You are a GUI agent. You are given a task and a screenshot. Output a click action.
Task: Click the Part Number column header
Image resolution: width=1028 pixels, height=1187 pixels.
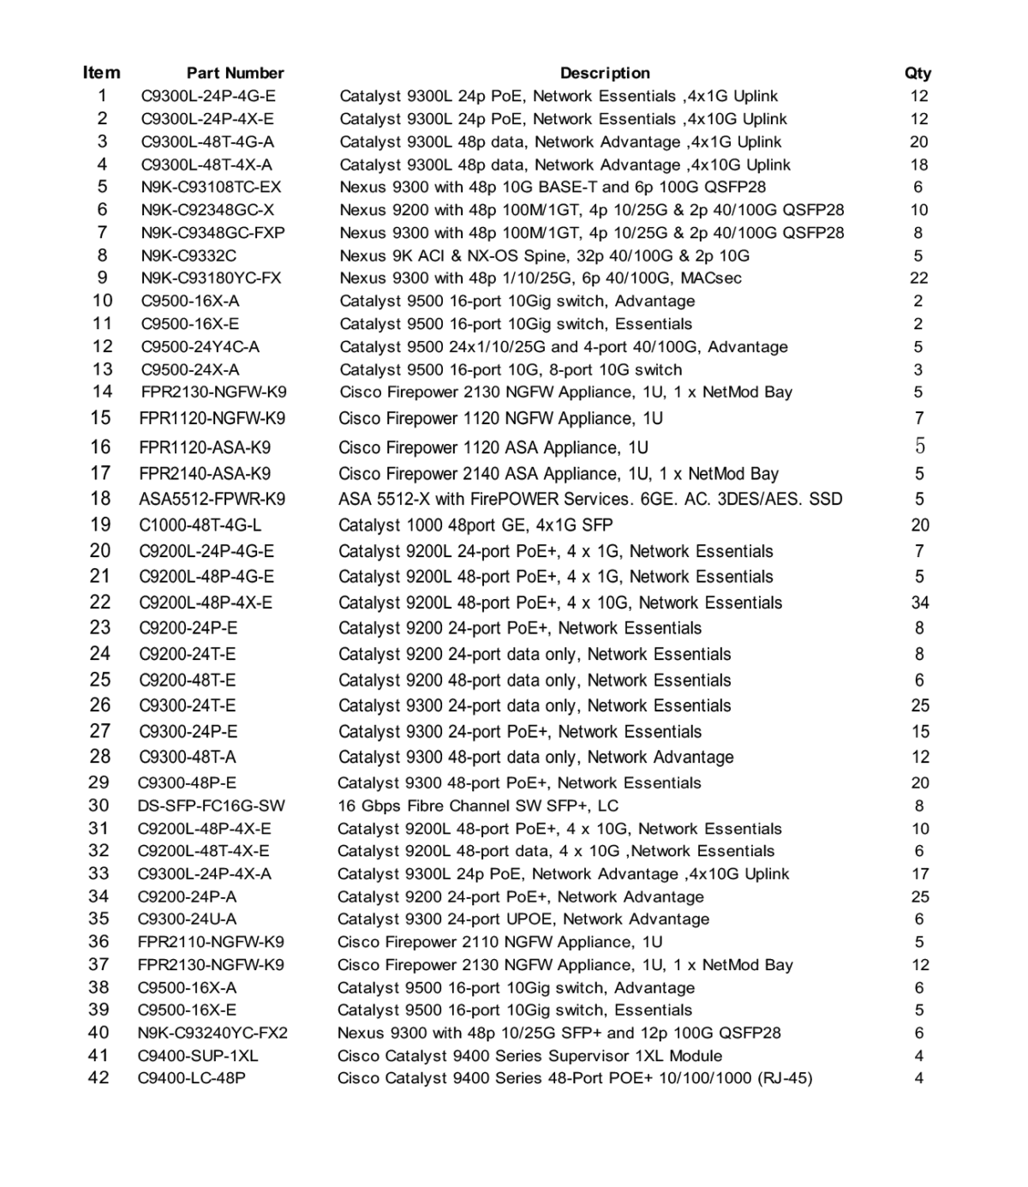pos(235,73)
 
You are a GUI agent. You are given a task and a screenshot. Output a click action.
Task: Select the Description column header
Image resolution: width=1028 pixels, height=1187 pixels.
pos(605,73)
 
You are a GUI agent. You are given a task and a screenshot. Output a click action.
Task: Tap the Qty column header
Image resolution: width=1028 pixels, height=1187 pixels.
pos(917,73)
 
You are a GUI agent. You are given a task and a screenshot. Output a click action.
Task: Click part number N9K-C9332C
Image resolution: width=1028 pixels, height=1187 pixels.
pos(188,255)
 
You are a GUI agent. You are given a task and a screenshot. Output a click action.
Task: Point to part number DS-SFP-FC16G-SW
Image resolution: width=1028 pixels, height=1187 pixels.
pos(211,806)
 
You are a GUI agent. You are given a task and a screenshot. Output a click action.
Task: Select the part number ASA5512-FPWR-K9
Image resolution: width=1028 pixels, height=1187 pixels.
pos(212,499)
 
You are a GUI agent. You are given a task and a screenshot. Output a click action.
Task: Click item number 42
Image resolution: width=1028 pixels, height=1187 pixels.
pos(99,1077)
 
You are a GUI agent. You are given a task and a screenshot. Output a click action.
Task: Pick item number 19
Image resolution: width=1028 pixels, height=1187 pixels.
pos(100,525)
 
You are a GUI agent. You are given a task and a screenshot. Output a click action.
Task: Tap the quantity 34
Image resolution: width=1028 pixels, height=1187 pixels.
pos(920,602)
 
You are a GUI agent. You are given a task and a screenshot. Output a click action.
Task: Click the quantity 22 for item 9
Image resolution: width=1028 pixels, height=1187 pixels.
pos(918,278)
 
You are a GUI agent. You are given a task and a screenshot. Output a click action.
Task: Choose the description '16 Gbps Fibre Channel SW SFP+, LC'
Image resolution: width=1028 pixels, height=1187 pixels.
pos(477,806)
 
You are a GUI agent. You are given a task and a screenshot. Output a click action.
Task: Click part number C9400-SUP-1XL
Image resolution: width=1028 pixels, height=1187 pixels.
pos(197,1055)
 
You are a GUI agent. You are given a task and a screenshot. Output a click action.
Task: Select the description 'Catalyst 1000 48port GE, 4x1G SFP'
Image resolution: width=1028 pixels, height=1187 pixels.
pos(475,525)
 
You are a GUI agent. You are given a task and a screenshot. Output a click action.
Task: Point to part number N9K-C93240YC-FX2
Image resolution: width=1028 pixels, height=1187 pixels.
pos(212,1033)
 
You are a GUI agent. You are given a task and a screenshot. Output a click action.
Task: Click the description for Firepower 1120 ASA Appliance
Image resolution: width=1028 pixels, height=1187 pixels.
pos(493,447)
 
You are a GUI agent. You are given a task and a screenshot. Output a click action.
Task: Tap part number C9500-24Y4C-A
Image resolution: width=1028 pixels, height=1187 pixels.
pos(200,346)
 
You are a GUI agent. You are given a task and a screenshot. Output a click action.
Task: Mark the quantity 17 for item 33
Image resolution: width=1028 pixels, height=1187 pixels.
pos(920,873)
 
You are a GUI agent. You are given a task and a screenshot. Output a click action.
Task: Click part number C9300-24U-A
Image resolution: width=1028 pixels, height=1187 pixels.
pos(187,919)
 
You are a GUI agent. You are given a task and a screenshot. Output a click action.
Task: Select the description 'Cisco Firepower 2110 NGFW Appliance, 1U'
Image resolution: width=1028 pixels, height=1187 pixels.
pos(499,941)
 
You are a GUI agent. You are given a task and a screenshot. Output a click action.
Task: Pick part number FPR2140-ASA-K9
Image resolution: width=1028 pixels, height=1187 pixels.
pos(205,473)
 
